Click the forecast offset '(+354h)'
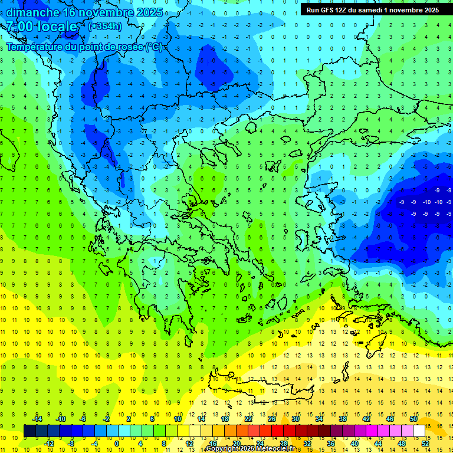coord(104,27)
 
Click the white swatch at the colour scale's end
coord(419,431)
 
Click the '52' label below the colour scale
coord(425,443)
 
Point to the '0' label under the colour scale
coord(117,443)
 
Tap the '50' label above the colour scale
coord(413,419)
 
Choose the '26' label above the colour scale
coord(272,419)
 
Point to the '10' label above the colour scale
coord(178,419)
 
